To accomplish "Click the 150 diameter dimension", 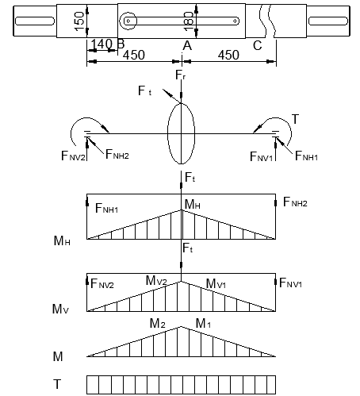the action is pos(79,21).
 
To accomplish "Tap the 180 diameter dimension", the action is pos(189,21).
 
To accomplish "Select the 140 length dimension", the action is pos(101,44).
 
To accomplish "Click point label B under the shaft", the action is pos(121,44).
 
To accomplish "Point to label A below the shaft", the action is pos(187,45).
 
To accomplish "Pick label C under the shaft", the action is pos(257,45).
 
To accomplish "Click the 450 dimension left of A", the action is pos(134,55).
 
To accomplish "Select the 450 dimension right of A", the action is pos(228,55).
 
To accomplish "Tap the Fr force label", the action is pos(181,75).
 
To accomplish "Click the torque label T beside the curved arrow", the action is pos(295,119).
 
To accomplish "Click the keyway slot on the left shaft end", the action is pos(35,21).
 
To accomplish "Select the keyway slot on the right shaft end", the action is pos(328,21).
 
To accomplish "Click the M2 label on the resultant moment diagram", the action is pos(158,323).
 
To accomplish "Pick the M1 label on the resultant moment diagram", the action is pos(203,323).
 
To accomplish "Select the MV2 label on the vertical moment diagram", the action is pos(156,280).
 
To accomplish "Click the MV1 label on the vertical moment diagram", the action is pos(216,283).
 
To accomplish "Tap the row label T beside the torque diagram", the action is pos(57,384).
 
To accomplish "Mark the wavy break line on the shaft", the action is pos(267,21).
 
